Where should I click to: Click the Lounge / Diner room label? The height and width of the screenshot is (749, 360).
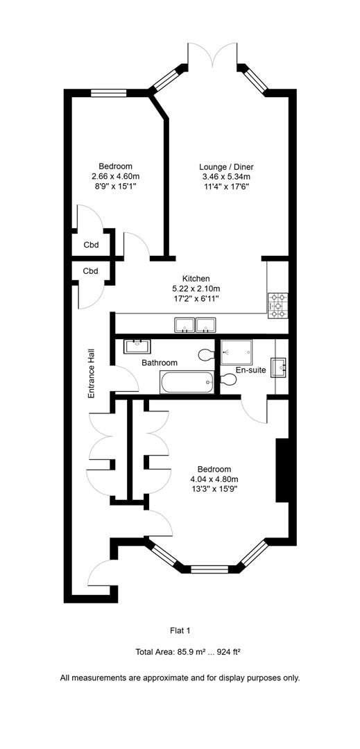click(226, 166)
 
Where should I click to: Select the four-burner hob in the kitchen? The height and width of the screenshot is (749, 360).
click(277, 306)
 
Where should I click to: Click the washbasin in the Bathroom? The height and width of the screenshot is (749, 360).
click(138, 345)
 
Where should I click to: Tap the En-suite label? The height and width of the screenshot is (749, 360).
click(250, 370)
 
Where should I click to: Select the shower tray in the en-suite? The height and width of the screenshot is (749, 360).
click(235, 352)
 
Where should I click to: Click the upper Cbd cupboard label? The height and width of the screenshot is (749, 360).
click(91, 245)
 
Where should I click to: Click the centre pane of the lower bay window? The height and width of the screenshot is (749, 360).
click(209, 570)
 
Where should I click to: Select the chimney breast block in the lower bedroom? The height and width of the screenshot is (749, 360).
click(282, 470)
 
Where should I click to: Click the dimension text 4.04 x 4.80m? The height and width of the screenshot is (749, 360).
click(214, 479)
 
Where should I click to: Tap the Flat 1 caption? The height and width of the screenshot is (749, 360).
click(180, 630)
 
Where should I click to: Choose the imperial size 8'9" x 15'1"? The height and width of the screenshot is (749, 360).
click(115, 186)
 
